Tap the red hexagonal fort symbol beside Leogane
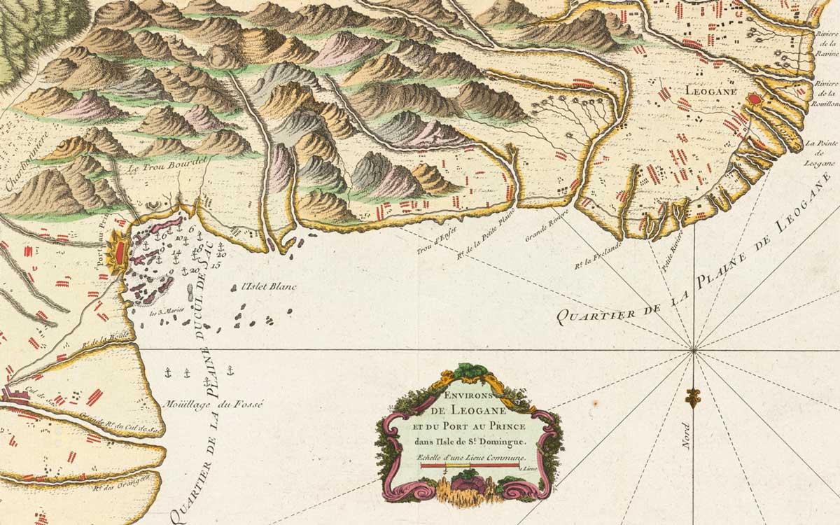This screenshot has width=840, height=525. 755,100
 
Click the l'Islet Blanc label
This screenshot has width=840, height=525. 268,286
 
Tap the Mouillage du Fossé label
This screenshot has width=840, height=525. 212,404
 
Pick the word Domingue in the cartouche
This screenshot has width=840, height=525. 501,440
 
